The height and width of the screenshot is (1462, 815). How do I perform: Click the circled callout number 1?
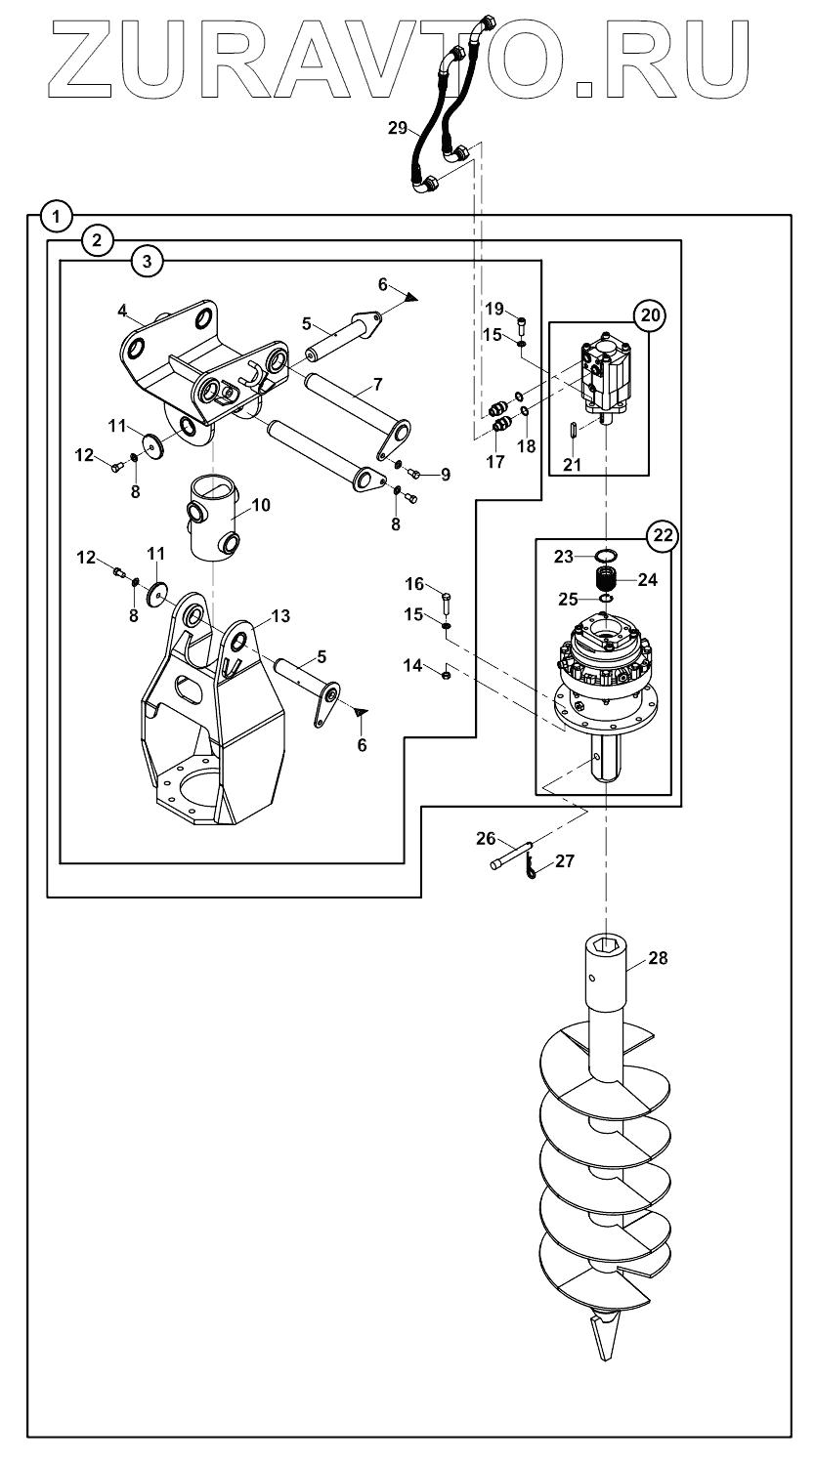(x=57, y=216)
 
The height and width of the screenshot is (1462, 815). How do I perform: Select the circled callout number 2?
(x=98, y=240)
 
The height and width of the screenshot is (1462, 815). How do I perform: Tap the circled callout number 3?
(x=147, y=261)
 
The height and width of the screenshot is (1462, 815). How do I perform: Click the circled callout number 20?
(x=650, y=315)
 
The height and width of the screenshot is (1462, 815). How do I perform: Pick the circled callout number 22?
(x=663, y=535)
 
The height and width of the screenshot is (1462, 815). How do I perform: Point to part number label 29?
(x=398, y=128)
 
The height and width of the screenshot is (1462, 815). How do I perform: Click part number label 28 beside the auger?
(x=658, y=958)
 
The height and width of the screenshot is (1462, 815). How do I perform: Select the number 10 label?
(x=261, y=505)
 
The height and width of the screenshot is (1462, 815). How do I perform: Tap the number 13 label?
(x=280, y=615)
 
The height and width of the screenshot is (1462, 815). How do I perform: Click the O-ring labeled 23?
(x=607, y=556)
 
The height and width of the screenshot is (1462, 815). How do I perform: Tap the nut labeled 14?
(x=447, y=675)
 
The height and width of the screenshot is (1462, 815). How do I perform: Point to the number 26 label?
(x=486, y=838)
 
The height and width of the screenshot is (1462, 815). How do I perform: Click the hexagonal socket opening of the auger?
(x=605, y=945)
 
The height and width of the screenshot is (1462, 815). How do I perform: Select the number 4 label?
(x=122, y=310)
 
